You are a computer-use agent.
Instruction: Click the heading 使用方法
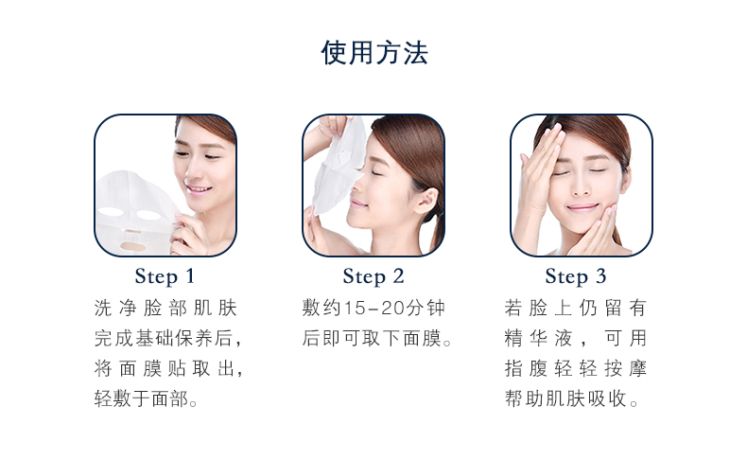pos(374,52)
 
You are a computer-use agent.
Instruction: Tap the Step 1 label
pos(165,276)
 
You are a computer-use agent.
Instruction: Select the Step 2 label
pos(373,276)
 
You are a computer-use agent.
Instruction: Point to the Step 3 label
pos(576,276)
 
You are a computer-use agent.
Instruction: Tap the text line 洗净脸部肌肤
pos(165,308)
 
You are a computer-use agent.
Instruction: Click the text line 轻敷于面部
pos(146,398)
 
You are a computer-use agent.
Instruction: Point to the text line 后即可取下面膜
pos(377,339)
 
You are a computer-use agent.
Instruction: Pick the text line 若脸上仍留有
pos(576,308)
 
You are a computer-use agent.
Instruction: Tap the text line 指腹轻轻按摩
pos(576,368)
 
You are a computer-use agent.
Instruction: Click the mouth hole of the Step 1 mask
pos(132,246)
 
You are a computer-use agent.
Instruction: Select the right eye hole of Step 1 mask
pos(148,215)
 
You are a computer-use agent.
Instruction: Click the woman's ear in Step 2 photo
pos(426,202)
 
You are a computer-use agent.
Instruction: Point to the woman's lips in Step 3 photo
pos(582,207)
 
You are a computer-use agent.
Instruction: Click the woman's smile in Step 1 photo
pos(199,189)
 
